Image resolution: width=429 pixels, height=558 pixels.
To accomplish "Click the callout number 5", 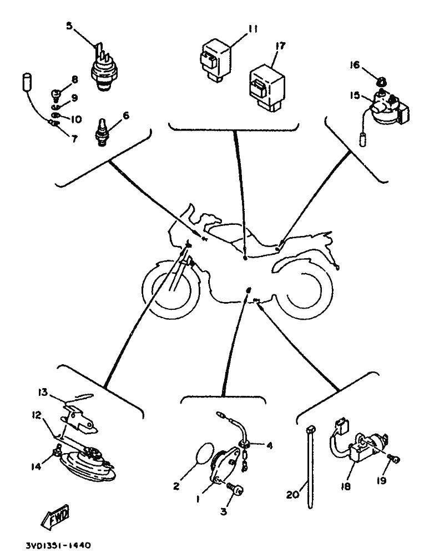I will (69, 25).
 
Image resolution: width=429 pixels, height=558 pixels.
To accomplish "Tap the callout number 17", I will (280, 47).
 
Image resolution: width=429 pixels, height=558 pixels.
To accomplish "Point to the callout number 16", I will (354, 65).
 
